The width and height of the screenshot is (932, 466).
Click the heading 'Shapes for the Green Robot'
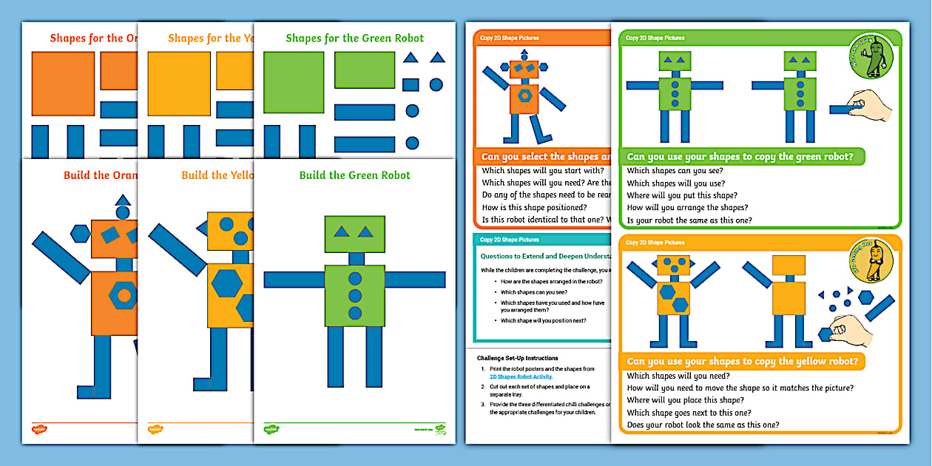click(354, 38)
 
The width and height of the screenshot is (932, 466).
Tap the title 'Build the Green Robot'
click(354, 175)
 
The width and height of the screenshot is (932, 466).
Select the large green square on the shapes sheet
click(294, 82)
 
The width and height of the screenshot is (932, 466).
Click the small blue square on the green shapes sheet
click(411, 84)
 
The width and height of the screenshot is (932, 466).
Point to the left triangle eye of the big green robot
click(342, 232)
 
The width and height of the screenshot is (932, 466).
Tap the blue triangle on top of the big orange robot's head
click(123, 200)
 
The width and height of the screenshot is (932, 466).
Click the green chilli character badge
click(871, 56)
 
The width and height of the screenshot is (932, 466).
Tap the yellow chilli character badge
click(871, 261)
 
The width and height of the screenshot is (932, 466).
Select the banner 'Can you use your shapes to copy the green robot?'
click(744, 157)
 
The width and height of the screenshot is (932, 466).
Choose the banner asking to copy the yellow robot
click(742, 362)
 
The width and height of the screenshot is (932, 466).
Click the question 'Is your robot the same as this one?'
click(689, 220)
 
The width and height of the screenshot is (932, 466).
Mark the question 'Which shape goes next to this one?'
click(689, 413)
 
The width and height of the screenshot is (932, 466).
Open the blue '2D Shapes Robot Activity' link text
click(521, 376)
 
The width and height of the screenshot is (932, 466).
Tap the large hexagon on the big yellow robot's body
click(226, 283)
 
